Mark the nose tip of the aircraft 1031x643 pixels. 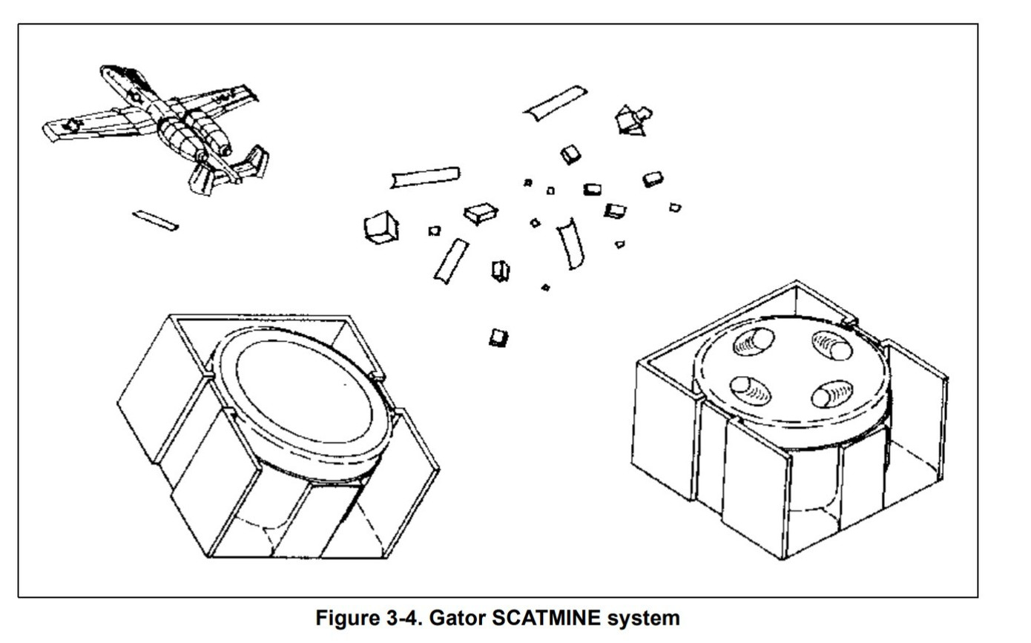pyautogui.click(x=104, y=69)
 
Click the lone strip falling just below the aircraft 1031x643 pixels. pyautogui.click(x=155, y=220)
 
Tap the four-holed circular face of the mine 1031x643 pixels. pyautogui.click(x=791, y=369)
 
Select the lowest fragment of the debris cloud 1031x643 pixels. pyautogui.click(x=498, y=338)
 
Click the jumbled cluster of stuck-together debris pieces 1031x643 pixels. pyautogui.click(x=632, y=120)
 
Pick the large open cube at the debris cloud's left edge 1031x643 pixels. pyautogui.click(x=381, y=228)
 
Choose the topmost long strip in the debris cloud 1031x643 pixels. pyautogui.click(x=556, y=102)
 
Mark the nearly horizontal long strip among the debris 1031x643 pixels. pyautogui.click(x=425, y=177)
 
